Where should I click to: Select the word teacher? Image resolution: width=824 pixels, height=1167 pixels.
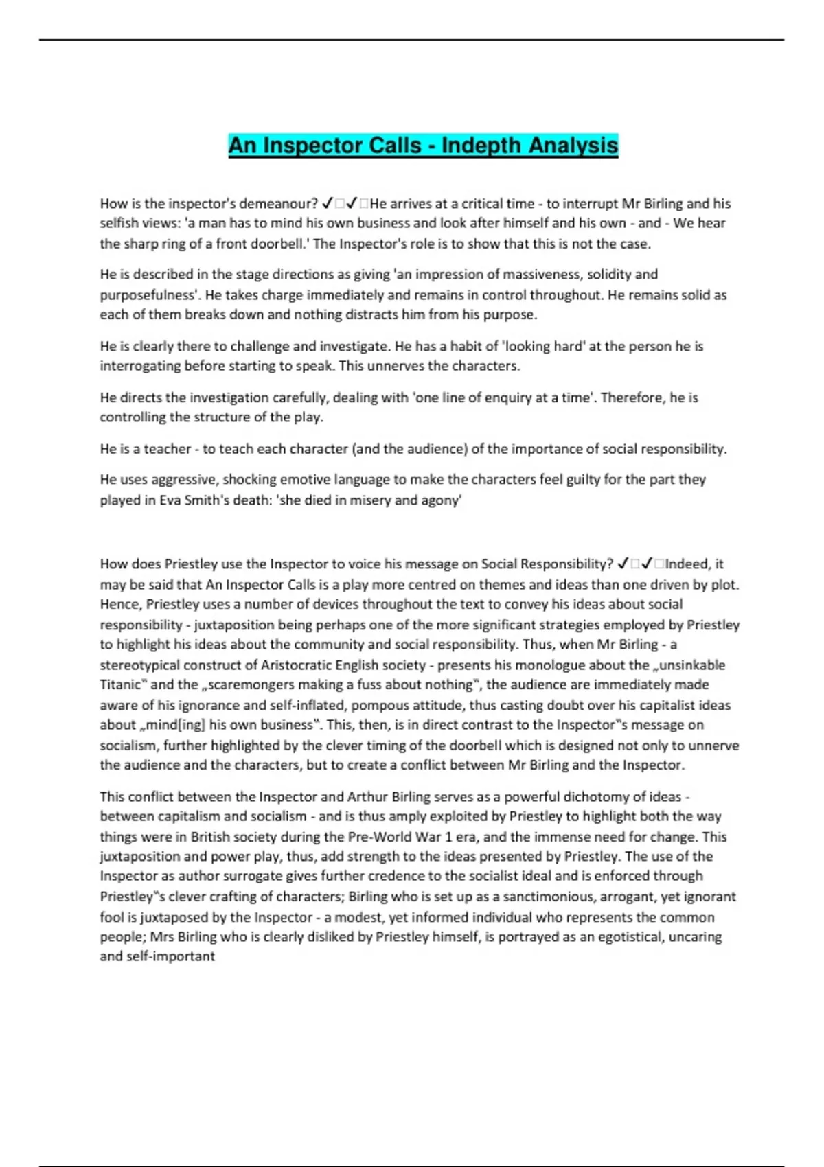pyautogui.click(x=168, y=449)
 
